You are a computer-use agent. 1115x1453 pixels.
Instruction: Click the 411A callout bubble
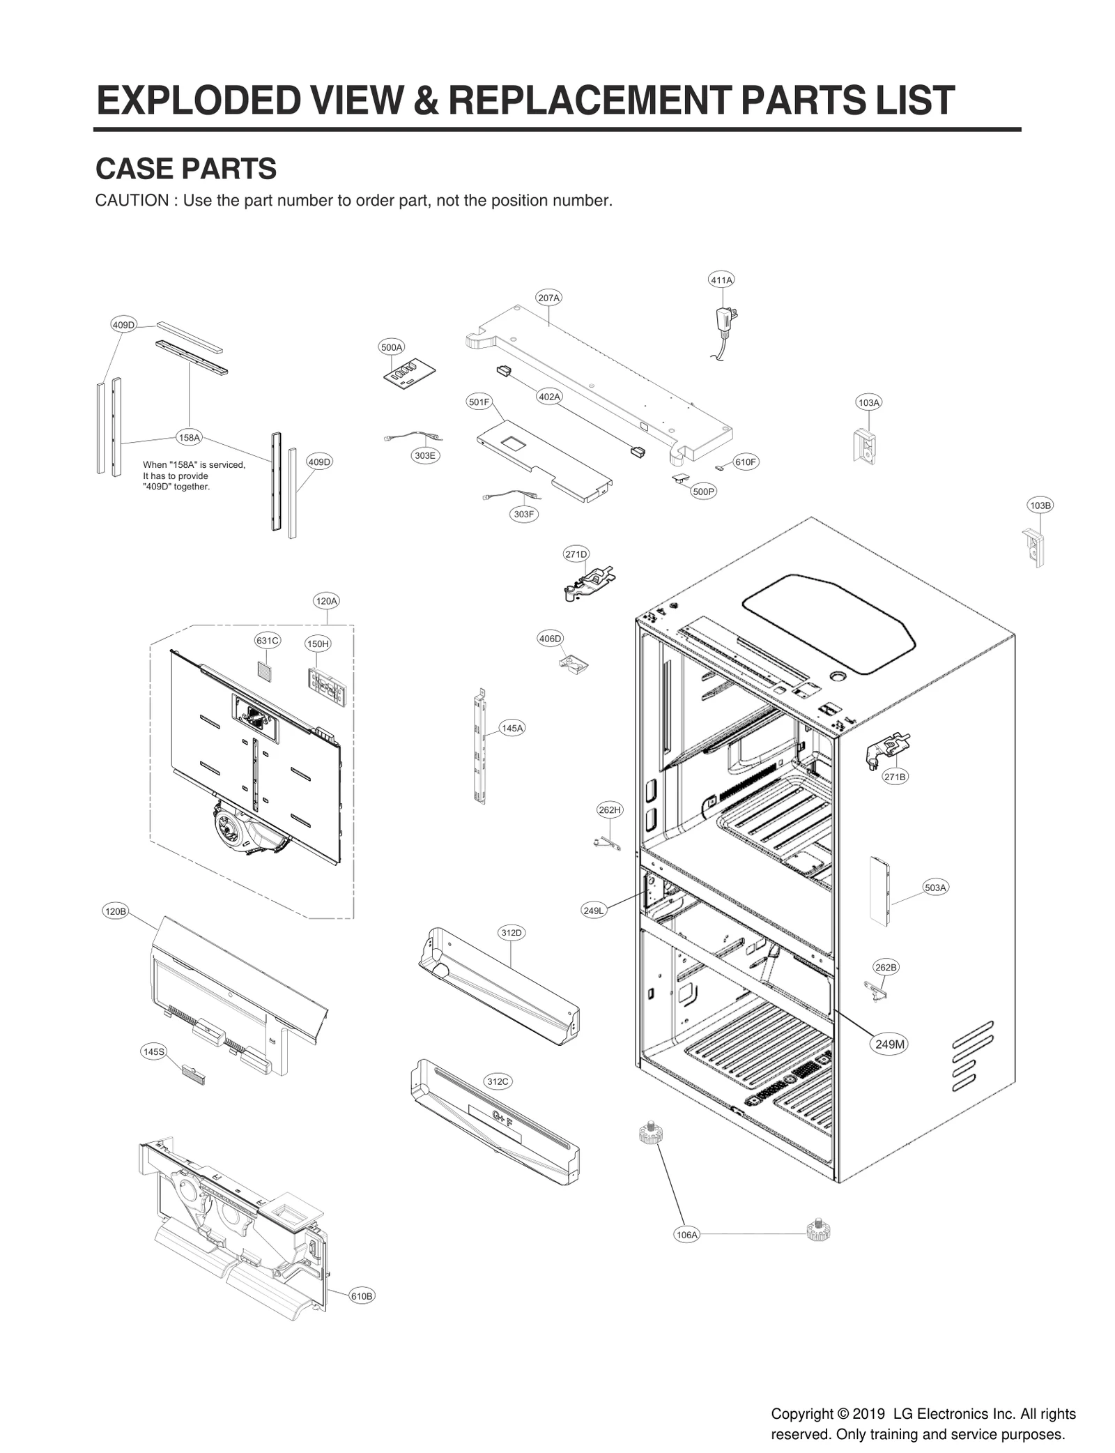[x=721, y=280]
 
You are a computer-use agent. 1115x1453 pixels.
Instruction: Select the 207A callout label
[x=548, y=298]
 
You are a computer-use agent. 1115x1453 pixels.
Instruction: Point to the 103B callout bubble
[x=1040, y=505]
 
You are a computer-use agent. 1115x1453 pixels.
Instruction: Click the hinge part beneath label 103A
[x=863, y=445]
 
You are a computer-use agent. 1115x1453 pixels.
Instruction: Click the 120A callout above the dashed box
[x=326, y=600]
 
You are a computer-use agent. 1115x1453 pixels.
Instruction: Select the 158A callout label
[x=189, y=438]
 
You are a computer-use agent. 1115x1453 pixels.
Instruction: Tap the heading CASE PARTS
[x=185, y=169]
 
